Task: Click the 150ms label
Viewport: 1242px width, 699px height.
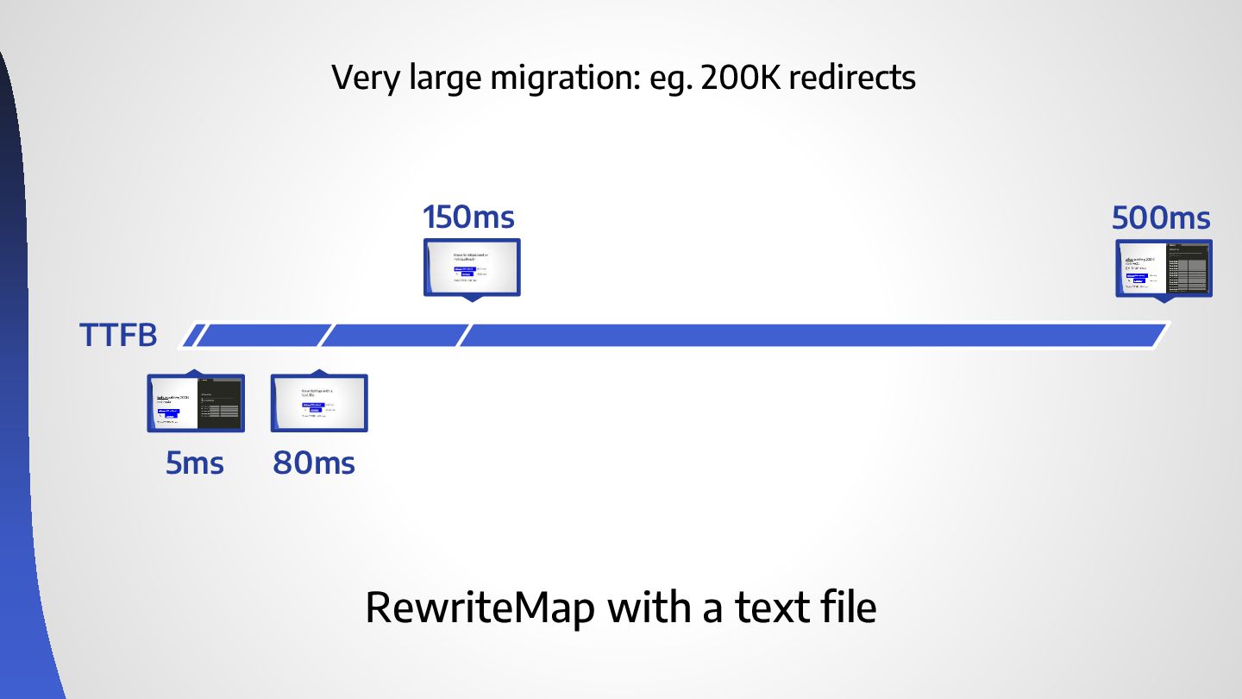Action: tap(468, 217)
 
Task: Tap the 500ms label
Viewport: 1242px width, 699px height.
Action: tap(1161, 218)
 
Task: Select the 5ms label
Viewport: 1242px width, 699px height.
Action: tap(195, 464)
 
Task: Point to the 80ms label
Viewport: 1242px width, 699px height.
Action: tap(314, 464)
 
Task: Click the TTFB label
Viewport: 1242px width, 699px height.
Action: tap(119, 336)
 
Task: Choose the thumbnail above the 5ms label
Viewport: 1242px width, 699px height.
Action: tap(196, 403)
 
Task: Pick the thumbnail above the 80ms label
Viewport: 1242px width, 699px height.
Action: tap(319, 403)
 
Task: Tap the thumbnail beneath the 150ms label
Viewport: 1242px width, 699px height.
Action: tap(472, 268)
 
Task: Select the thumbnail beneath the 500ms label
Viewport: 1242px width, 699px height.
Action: tap(1164, 268)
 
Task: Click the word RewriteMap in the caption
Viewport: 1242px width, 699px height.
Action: tap(480, 608)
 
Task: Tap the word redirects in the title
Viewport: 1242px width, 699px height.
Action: tap(852, 79)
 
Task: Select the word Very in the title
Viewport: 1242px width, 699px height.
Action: tap(363, 79)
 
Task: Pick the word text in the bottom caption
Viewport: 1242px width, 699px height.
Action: tap(769, 608)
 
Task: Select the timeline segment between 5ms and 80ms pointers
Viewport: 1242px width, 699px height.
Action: tap(263, 336)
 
